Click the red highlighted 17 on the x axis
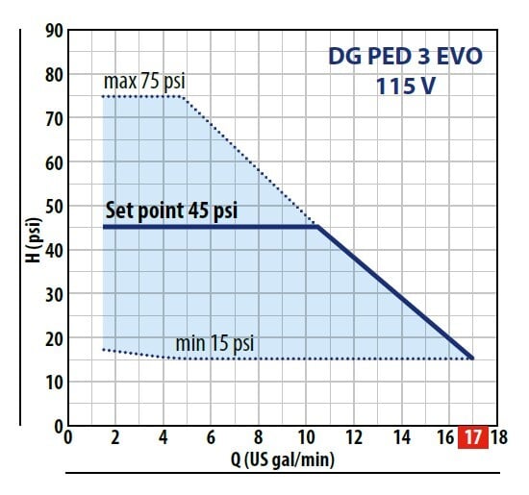pyautogui.click(x=472, y=435)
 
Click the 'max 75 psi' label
pyautogui.click(x=143, y=83)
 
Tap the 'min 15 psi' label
pyautogui.click(x=214, y=343)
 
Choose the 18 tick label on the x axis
pyautogui.click(x=497, y=437)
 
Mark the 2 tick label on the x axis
pyautogui.click(x=114, y=437)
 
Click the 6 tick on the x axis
pyautogui.click(x=210, y=437)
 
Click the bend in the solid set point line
pyautogui.click(x=318, y=227)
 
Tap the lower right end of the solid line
pyautogui.click(x=472, y=358)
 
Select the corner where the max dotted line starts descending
pyautogui.click(x=182, y=96)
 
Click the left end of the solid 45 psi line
pyautogui.click(x=104, y=227)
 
